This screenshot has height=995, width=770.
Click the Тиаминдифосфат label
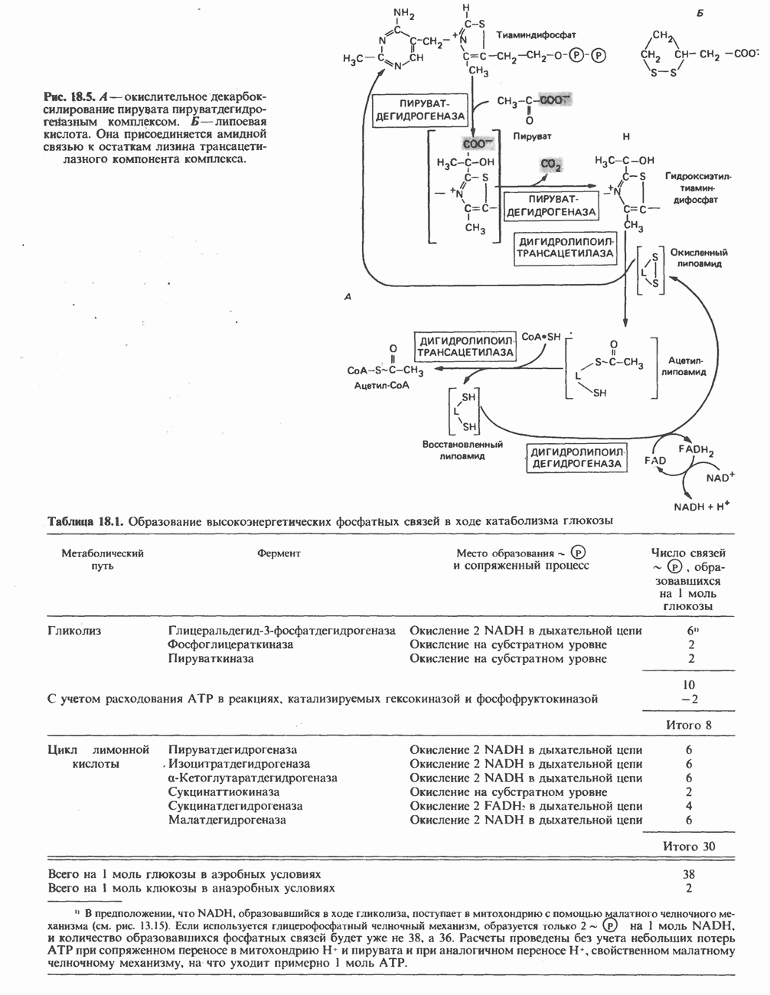[x=536, y=35]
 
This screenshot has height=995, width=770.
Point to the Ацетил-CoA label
[x=382, y=386]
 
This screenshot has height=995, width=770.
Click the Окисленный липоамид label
[x=699, y=257]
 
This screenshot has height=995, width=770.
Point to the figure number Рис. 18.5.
[x=67, y=97]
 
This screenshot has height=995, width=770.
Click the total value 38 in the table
[x=688, y=873]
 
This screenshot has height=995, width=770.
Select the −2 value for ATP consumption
[x=688, y=698]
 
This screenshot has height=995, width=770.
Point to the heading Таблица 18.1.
[x=84, y=521]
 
